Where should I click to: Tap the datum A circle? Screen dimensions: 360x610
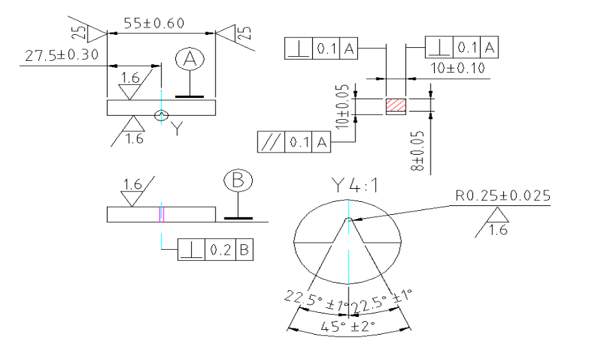pyautogui.click(x=192, y=61)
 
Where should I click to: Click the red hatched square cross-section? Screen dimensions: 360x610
pyautogui.click(x=396, y=107)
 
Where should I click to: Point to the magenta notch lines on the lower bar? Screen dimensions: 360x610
pyautogui.click(x=162, y=214)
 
